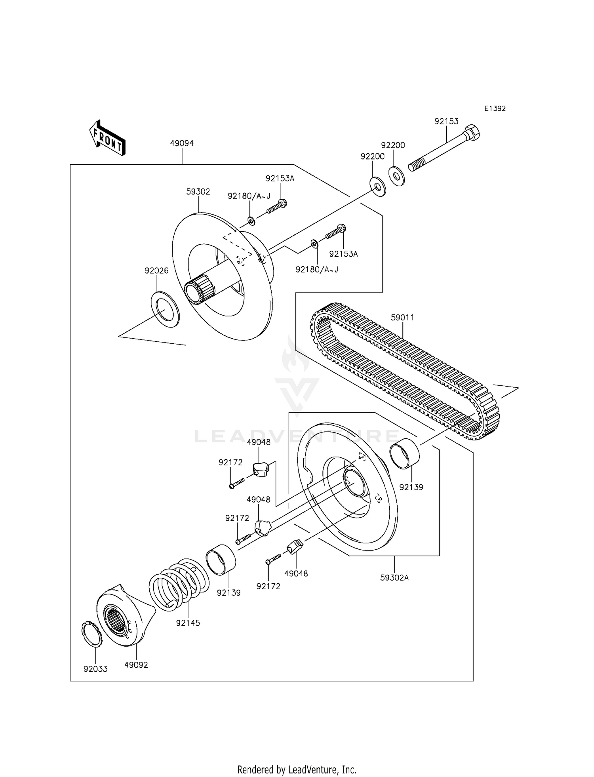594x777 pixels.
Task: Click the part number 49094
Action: tap(182, 143)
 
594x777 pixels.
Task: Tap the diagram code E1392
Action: tap(495, 109)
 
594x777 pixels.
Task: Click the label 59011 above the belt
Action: tap(402, 318)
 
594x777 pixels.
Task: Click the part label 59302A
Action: tap(394, 577)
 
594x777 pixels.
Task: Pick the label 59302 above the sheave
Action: tap(198, 192)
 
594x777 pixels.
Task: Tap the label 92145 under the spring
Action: tap(188, 623)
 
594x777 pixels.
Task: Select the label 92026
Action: tap(156, 271)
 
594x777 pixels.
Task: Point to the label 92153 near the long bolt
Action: tap(446, 122)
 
